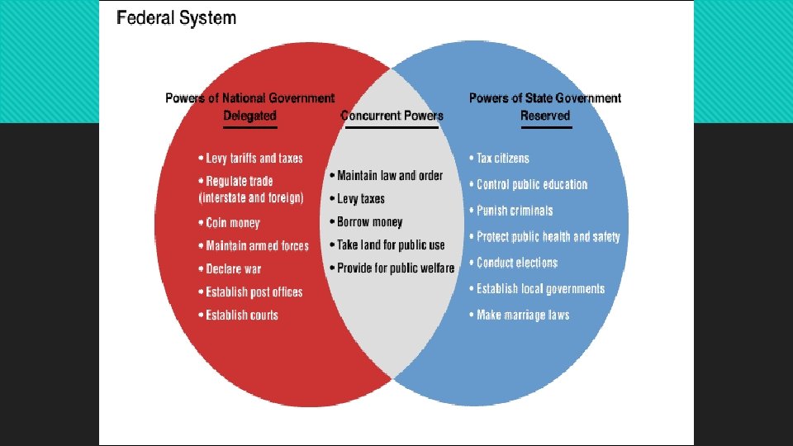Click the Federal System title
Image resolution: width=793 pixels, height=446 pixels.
176,17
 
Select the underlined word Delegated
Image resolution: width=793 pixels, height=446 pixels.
249,116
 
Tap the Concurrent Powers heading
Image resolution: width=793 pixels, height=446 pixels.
392,116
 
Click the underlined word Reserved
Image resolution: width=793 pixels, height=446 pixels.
545,116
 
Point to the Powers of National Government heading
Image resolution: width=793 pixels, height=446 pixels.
249,98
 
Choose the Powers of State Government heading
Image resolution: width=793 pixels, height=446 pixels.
545,98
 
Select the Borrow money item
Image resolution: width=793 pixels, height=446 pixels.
369,222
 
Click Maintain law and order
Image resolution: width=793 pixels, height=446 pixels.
389,176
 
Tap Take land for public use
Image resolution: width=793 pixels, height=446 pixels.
390,245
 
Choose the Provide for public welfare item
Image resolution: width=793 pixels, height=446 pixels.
395,268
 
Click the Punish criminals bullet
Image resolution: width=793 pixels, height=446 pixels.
514,211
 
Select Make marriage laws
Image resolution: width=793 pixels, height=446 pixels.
522,316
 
